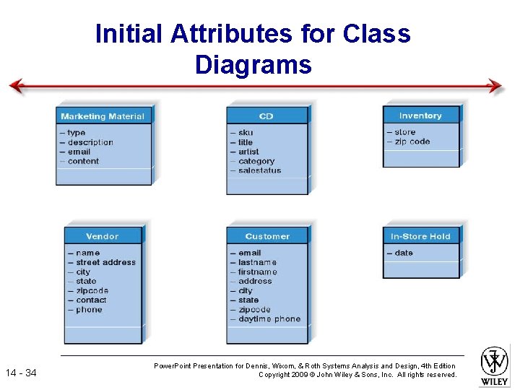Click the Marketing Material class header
[x=103, y=116]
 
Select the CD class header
[x=266, y=116]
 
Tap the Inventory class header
[x=420, y=116]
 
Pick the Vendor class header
[x=103, y=236]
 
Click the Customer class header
[x=266, y=236]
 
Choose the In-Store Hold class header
[x=420, y=236]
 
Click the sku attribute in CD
[x=246, y=133]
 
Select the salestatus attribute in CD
[x=259, y=171]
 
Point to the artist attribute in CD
[x=248, y=152]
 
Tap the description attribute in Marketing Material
[x=90, y=142]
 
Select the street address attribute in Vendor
[x=105, y=262]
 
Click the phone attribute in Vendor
[x=89, y=310]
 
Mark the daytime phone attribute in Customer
[x=269, y=319]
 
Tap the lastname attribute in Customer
[x=257, y=262]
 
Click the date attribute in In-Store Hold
[x=404, y=253]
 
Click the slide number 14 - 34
[x=21, y=373]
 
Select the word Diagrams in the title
[x=253, y=65]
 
